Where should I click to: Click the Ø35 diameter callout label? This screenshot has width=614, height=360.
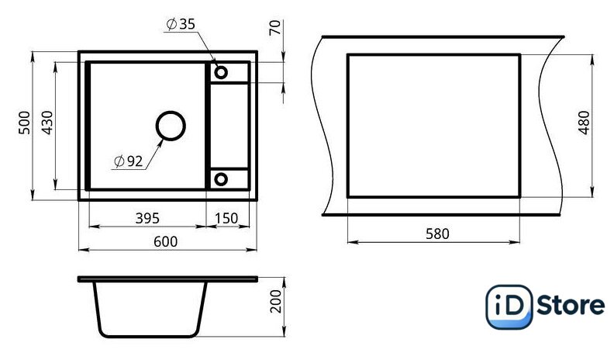coord(181,24)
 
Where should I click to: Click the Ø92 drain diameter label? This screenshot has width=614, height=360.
coord(129,161)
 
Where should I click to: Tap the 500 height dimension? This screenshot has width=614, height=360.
coord(24,123)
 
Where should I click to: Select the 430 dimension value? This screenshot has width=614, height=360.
coord(47,123)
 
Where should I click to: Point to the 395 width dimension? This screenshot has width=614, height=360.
coord(147,218)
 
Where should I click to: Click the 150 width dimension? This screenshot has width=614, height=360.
coord(226,218)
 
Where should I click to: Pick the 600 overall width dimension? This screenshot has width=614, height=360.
coord(165,241)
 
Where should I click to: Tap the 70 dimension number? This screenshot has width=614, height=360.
coord(276,27)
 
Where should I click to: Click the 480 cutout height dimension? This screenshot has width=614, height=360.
coord(584,123)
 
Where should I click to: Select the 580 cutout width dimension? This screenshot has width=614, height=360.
coord(437,234)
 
